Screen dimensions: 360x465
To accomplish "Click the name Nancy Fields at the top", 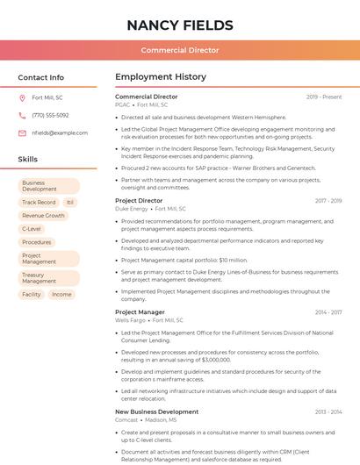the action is click(180, 25).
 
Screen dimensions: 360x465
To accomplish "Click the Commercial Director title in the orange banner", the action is click(180, 50).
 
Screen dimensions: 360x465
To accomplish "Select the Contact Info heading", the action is click(40, 77).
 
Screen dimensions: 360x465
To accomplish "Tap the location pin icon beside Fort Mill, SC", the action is click(22, 97).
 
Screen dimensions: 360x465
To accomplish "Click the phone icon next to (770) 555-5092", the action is click(22, 115).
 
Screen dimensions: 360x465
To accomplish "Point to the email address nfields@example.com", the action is click(60, 132).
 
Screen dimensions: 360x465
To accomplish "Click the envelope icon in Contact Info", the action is click(22, 132).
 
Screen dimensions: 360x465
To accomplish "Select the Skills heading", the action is click(28, 159).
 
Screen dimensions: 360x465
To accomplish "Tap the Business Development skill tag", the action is click(49, 186).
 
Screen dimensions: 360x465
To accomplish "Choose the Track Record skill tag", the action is click(39, 202).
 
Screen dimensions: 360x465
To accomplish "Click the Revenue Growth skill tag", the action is click(44, 215).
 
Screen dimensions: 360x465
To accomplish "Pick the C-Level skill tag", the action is click(32, 228).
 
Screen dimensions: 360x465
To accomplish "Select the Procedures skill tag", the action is click(37, 241).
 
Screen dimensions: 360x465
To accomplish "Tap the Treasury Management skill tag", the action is click(49, 278).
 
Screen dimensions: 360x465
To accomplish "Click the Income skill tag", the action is click(61, 294).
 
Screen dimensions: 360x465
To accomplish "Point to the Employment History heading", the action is click(161, 77).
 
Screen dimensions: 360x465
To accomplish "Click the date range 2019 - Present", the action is click(324, 97).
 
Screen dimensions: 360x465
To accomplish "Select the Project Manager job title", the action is click(140, 312).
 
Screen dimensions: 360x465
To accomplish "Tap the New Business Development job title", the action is click(156, 411).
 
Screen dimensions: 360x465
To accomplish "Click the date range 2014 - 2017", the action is click(328, 312).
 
